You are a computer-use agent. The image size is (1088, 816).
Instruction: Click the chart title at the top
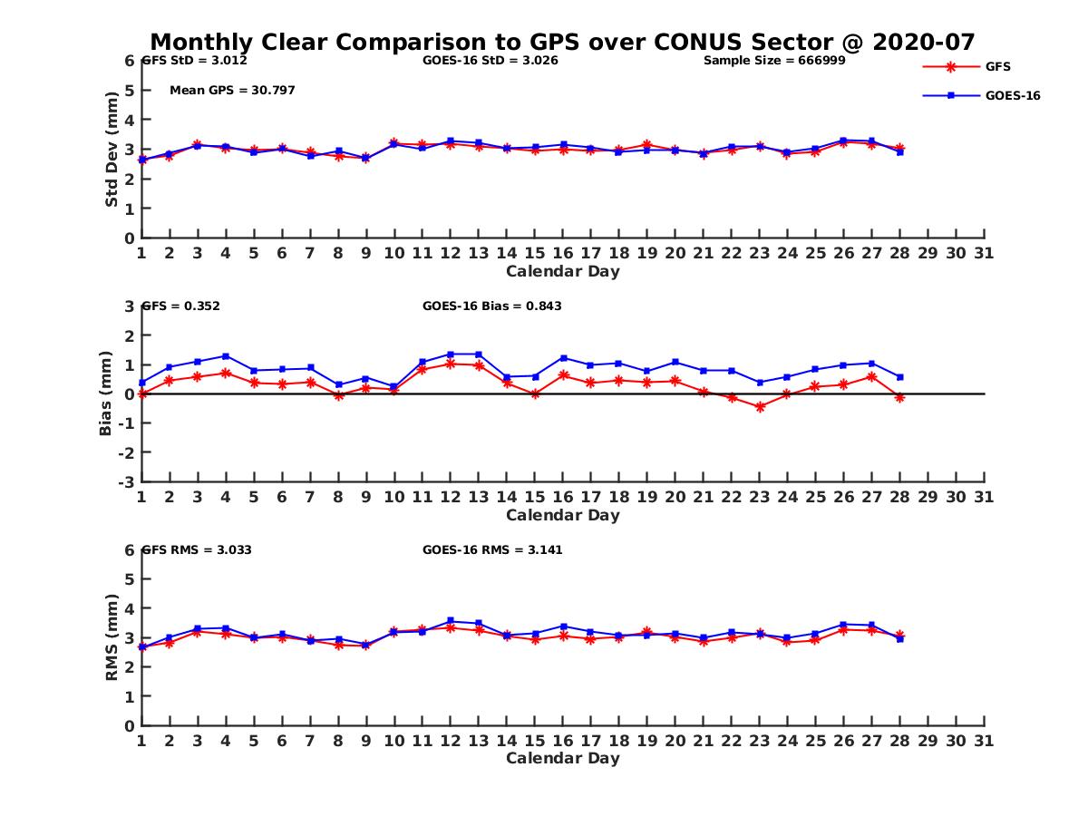pyautogui.click(x=562, y=42)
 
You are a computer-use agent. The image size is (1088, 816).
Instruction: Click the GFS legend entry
pyautogui.click(x=997, y=66)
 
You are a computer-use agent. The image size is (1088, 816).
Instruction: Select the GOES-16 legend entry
pyautogui.click(x=1012, y=95)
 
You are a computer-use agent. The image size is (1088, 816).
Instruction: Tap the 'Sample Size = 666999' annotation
pyautogui.click(x=775, y=61)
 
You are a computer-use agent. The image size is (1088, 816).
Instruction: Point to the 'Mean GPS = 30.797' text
pyautogui.click(x=232, y=90)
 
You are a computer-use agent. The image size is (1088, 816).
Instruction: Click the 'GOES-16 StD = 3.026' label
pyautogui.click(x=491, y=61)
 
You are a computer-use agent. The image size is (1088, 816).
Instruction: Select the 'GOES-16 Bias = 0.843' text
pyautogui.click(x=492, y=306)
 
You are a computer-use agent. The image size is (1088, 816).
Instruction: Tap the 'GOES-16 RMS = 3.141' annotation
pyautogui.click(x=492, y=549)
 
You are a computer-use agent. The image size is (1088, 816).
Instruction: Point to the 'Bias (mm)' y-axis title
pyautogui.click(x=106, y=393)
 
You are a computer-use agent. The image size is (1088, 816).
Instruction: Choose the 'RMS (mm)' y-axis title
pyautogui.click(x=112, y=638)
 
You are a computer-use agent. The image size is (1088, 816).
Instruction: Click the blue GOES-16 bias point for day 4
pyautogui.click(x=226, y=356)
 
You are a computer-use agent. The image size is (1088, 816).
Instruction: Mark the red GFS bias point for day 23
pyautogui.click(x=760, y=407)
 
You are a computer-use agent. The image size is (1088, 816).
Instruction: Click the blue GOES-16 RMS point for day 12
pyautogui.click(x=451, y=621)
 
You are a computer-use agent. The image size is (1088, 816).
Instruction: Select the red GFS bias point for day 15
pyautogui.click(x=535, y=393)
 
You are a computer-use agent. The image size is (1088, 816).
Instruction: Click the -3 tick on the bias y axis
pyautogui.click(x=126, y=481)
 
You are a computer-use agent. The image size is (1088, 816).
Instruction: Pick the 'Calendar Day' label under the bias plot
pyautogui.click(x=562, y=515)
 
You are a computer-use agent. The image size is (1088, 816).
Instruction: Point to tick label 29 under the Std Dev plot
pyautogui.click(x=928, y=253)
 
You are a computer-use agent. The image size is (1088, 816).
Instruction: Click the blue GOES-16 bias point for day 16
pyautogui.click(x=563, y=358)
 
